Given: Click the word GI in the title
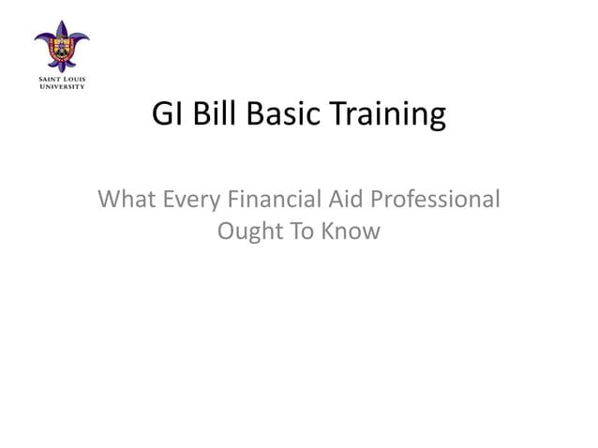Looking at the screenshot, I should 165,116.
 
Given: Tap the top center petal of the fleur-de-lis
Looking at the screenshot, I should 62,25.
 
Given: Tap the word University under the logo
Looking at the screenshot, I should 62,87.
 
